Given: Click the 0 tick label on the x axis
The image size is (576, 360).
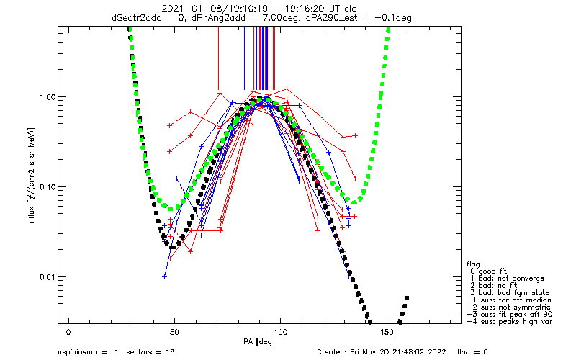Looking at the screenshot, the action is point(68,332).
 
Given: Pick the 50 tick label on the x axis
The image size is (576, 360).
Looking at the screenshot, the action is point(174,332).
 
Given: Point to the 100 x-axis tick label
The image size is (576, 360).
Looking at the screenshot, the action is point(281,332).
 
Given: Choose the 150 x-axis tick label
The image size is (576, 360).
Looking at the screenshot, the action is point(387,332).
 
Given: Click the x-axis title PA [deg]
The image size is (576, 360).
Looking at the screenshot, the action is point(259,342).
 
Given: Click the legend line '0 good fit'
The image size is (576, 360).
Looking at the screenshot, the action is point(489,271).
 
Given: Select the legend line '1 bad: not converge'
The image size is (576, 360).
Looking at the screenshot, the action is point(507,279).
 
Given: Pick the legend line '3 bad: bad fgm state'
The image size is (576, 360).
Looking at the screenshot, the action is point(510,293).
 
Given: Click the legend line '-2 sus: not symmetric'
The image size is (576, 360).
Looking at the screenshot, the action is point(509,307).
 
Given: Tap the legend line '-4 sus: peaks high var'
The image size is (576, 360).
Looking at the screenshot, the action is point(510,322).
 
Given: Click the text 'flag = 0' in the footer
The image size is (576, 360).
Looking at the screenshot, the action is point(472,352).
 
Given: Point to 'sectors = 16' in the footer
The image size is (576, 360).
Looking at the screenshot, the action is point(150,352).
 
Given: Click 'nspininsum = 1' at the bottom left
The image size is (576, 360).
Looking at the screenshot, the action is point(88,352).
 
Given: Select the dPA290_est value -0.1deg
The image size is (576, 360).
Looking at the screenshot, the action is point(393,17).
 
